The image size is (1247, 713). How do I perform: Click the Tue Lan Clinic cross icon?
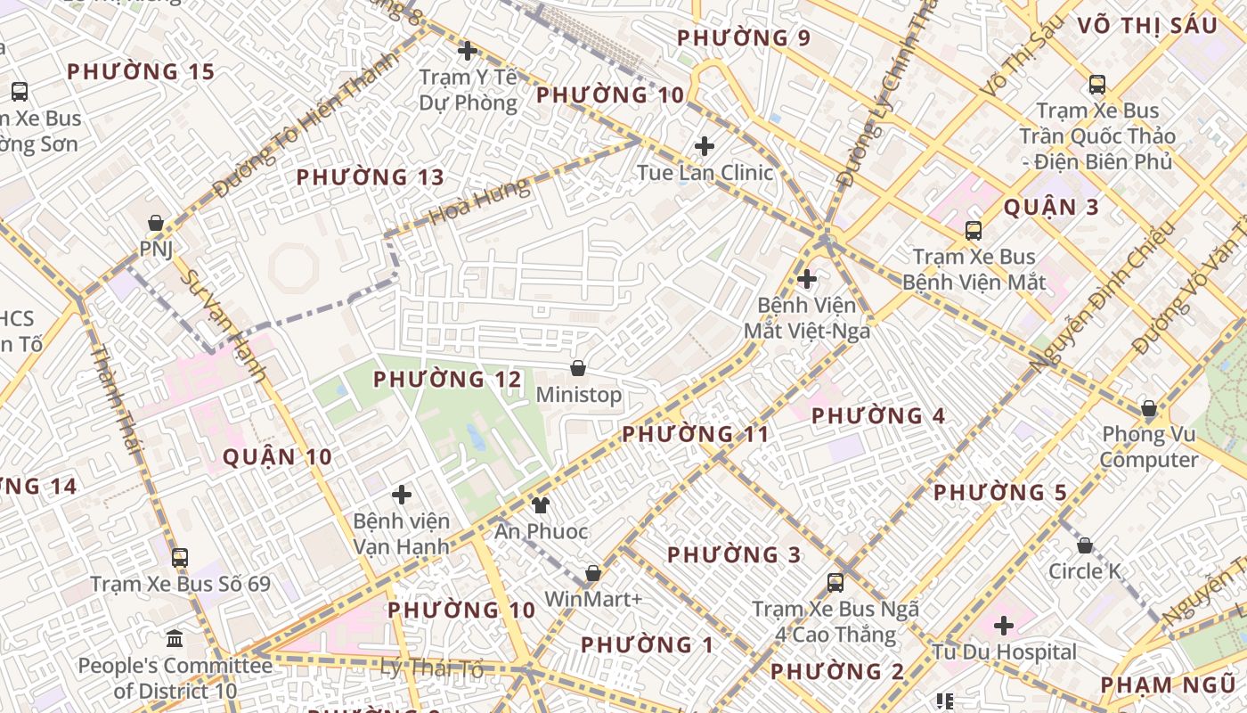[705, 145]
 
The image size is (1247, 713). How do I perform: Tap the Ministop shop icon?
[578, 368]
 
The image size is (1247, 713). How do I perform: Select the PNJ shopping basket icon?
[156, 222]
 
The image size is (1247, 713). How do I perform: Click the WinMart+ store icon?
[593, 573]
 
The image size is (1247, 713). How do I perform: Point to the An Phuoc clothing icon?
[541, 505]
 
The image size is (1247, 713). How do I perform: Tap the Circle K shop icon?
[1085, 545]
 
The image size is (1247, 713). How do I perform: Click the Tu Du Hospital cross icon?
[1004, 626]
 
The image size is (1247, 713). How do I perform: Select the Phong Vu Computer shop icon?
[1149, 409]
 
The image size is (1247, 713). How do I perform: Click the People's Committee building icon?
[175, 639]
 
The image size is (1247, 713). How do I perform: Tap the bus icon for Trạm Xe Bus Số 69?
[180, 558]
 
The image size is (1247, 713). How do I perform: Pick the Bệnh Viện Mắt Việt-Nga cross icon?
[807, 279]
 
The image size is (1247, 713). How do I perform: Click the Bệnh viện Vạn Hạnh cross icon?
[402, 494]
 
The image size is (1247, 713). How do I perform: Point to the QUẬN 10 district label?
[277, 457]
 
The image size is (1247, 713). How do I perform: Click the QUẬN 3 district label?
[1051, 208]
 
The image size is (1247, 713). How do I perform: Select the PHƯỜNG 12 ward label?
[447, 380]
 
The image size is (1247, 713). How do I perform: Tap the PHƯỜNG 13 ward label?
[370, 177]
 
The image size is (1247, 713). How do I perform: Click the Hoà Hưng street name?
[478, 203]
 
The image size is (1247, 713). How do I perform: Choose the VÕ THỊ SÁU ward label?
[1146, 26]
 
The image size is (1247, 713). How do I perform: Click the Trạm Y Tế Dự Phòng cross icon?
[467, 51]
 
